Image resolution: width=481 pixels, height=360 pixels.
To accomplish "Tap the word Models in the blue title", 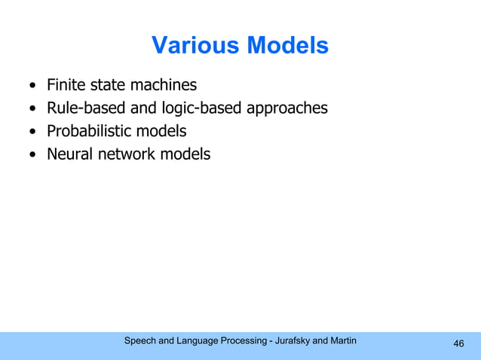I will click(x=285, y=46).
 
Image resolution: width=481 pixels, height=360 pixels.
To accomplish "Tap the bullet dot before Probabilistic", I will click(x=32, y=132).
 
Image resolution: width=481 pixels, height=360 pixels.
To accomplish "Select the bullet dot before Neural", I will click(x=32, y=154).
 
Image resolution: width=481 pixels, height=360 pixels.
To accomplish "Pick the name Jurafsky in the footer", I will click(x=291, y=341).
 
